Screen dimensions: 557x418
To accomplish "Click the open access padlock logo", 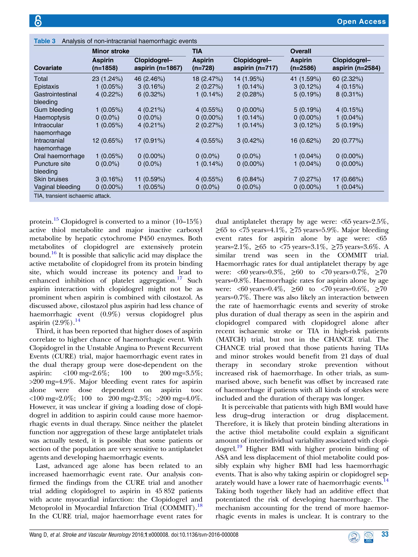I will pos(38,21).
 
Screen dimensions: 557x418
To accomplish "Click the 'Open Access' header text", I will pos(361,21).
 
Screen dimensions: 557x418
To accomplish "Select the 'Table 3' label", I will pos(45,41).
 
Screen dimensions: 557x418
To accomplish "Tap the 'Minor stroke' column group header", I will pos(110,51).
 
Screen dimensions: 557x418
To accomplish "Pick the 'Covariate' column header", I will pos(48,68).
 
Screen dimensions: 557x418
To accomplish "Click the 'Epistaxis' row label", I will pos(46,87).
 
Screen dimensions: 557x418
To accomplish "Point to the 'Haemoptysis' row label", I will pos(52,117).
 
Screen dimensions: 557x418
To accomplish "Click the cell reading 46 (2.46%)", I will pos(149,79).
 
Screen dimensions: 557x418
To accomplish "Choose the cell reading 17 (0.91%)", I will pos(149,141).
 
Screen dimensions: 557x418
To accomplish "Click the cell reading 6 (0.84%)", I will pos(250,179).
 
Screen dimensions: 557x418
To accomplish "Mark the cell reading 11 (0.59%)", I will pos(149,179).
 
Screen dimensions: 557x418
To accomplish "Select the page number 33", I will pos(385,534).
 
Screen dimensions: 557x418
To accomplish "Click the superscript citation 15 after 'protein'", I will pos(56,219).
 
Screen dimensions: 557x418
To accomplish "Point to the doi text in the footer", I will pos(205,535).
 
